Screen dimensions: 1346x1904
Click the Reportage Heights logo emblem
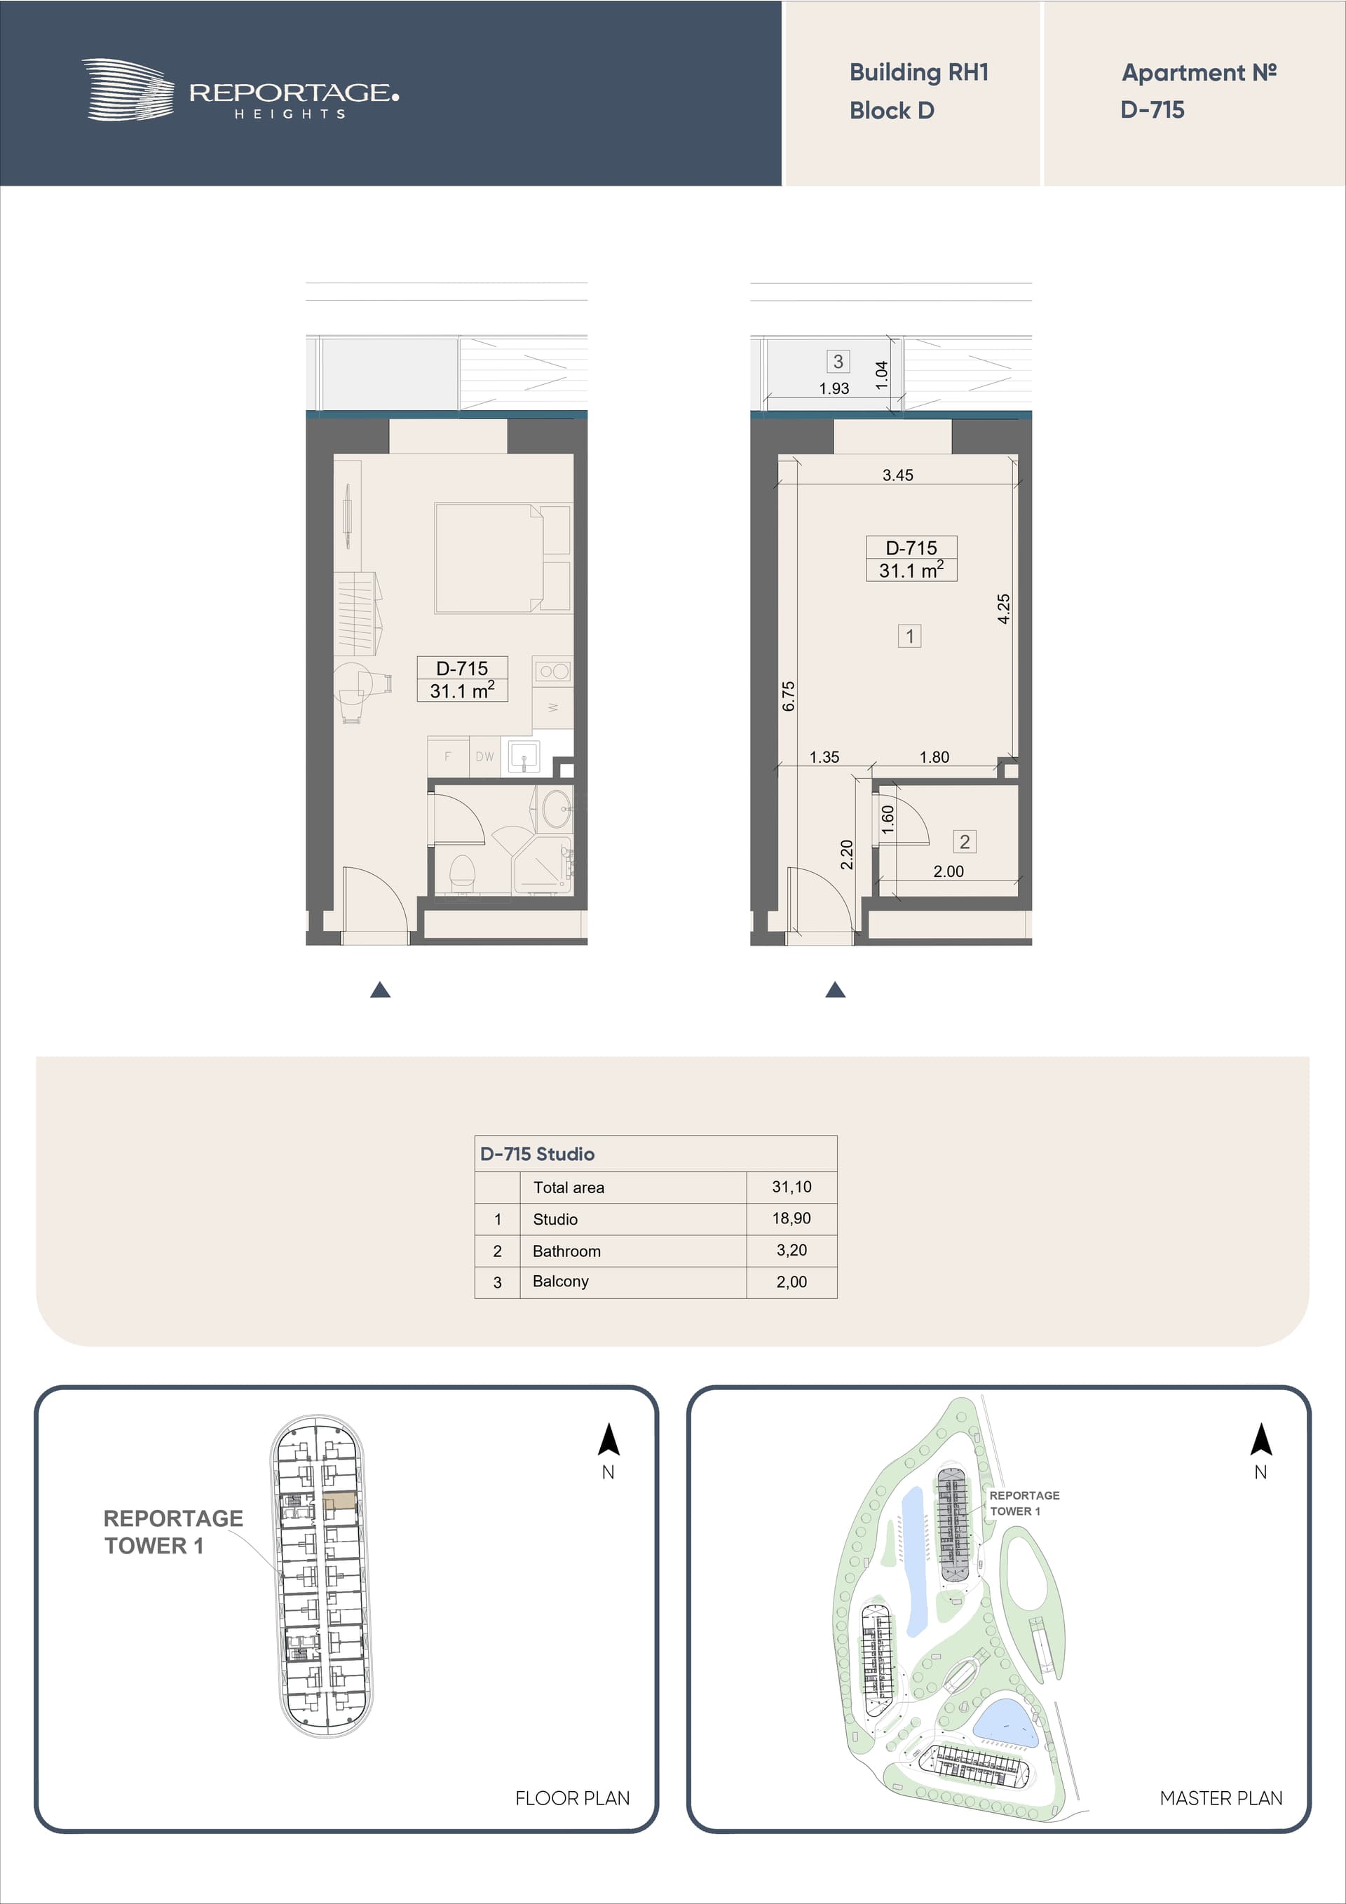(128, 90)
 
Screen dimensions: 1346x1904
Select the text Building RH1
(919, 73)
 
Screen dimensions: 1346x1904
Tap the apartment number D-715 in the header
(1152, 109)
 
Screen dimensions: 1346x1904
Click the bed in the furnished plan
(503, 558)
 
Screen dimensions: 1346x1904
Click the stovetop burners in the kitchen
(553, 671)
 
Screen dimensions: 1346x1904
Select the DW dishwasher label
(484, 756)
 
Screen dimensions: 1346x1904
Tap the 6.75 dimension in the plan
(788, 695)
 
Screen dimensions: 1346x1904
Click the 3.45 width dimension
(897, 475)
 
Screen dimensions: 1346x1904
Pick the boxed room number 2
(965, 842)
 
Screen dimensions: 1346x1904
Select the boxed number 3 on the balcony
(838, 362)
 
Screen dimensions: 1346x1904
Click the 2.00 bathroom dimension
(948, 871)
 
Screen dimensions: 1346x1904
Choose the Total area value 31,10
(791, 1187)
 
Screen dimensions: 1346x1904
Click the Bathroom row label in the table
(566, 1251)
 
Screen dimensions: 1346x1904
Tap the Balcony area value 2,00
(791, 1281)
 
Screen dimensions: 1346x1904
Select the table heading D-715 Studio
(538, 1153)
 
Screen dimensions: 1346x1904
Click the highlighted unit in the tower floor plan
(340, 1500)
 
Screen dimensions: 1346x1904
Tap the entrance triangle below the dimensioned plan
(835, 989)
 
